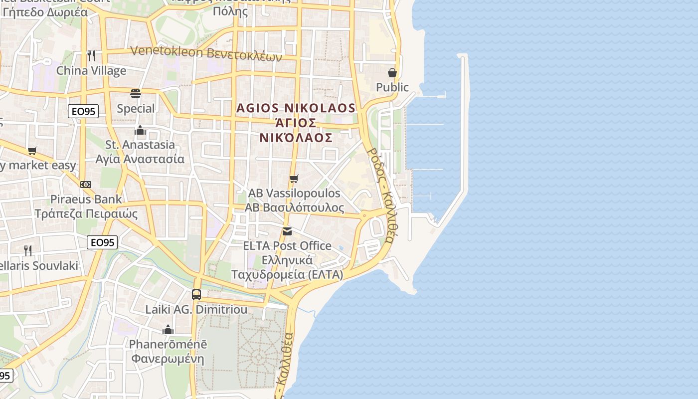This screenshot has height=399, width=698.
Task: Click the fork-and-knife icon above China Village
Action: (x=91, y=55)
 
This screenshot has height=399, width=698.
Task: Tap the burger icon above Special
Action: (x=136, y=93)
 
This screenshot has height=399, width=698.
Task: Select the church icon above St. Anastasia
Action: (x=140, y=131)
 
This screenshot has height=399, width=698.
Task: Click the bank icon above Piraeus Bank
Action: (x=86, y=185)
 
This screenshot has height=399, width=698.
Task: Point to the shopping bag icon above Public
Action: (x=392, y=73)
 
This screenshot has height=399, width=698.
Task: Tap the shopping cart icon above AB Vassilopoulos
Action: (x=294, y=179)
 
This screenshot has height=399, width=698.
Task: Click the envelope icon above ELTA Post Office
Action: (x=287, y=231)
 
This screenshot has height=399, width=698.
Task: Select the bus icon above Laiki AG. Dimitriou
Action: (x=196, y=294)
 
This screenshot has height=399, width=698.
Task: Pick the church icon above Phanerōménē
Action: (x=168, y=330)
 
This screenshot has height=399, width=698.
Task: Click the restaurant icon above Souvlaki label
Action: (x=28, y=250)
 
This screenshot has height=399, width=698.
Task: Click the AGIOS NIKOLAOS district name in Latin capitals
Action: (x=296, y=108)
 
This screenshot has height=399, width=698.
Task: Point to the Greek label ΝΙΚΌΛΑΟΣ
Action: (x=296, y=138)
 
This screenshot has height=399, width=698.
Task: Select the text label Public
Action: (x=392, y=87)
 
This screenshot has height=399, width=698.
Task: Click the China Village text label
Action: (x=91, y=70)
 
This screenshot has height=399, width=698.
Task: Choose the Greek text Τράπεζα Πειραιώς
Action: (x=86, y=213)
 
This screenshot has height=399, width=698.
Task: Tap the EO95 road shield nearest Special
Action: (x=83, y=111)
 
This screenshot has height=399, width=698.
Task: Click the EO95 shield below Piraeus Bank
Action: (x=102, y=243)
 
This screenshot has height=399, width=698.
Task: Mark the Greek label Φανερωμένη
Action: (x=168, y=359)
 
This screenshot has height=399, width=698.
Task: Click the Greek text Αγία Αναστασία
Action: (x=140, y=159)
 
